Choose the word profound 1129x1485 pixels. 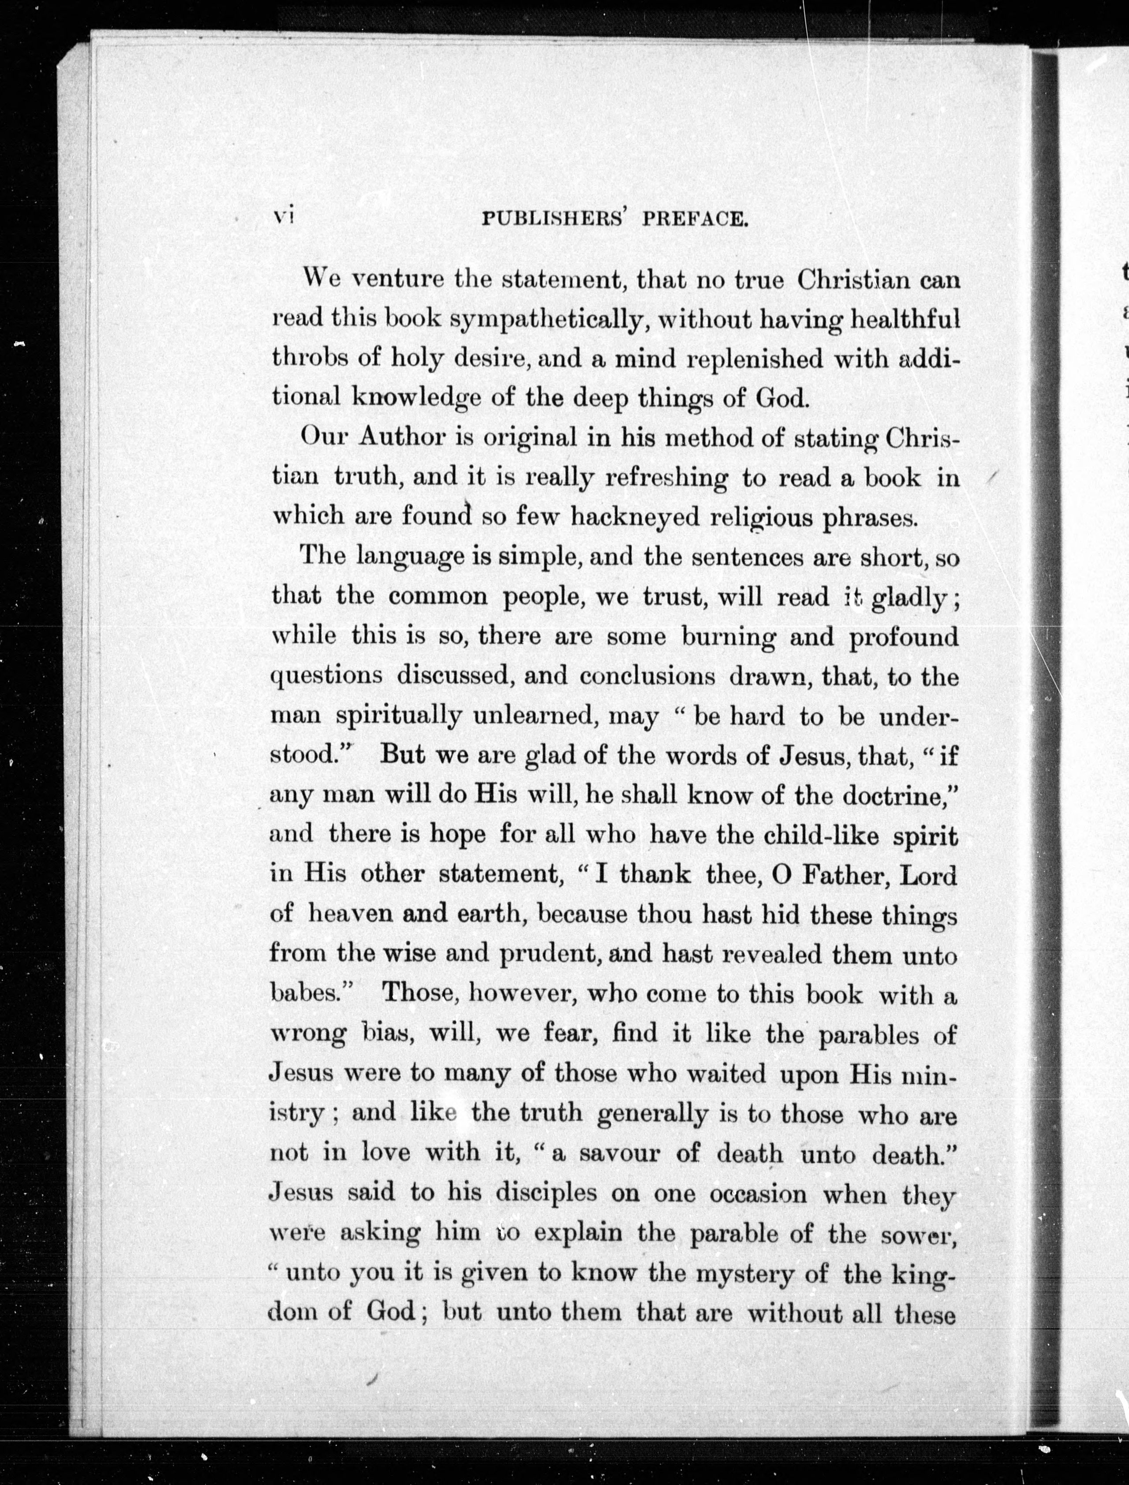[x=904, y=636]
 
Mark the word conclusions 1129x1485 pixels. [x=647, y=675]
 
